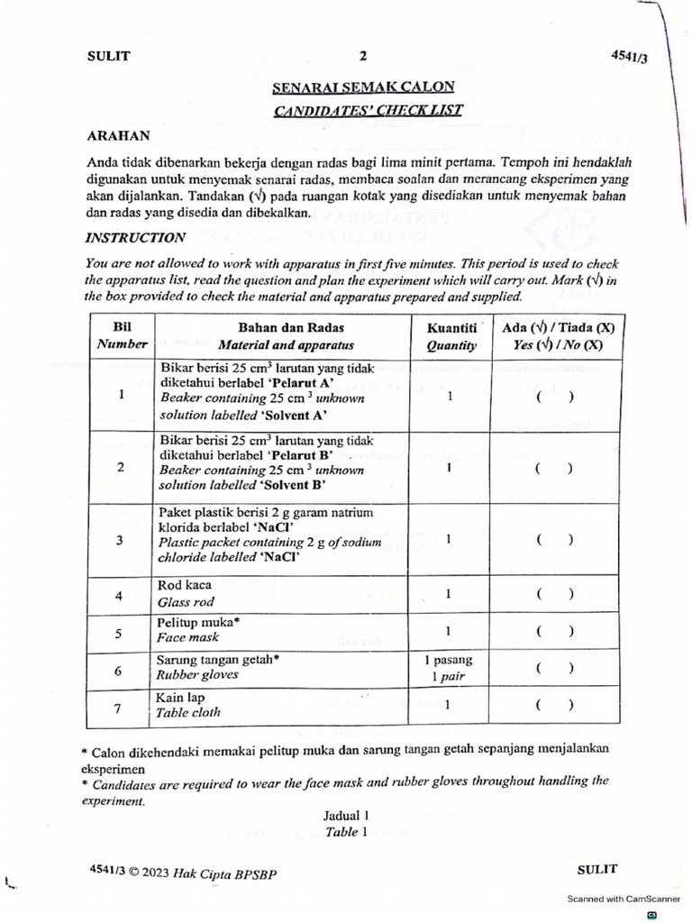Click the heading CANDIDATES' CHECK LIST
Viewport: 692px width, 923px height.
coord(363,111)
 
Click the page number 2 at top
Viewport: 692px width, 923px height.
coord(363,56)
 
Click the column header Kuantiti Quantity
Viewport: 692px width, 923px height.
coord(451,335)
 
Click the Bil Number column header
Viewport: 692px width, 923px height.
coord(120,335)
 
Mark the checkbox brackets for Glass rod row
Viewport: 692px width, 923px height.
coord(553,594)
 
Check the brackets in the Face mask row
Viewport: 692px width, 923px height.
coord(553,631)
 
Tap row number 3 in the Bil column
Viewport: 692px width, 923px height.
coord(120,541)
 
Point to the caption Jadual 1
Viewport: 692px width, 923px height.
coord(346,816)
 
